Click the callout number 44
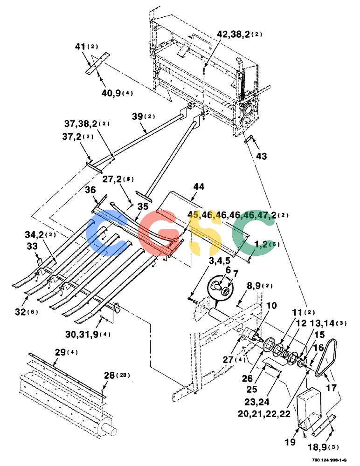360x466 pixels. [x=199, y=187]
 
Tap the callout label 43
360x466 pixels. [x=261, y=156]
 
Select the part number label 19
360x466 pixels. [x=290, y=442]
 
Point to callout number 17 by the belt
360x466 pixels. [x=331, y=388]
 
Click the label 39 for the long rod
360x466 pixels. [x=137, y=116]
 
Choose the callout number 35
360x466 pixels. [x=143, y=206]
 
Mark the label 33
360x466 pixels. [x=32, y=247]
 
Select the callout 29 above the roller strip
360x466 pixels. [x=61, y=352]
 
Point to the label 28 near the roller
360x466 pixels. [x=110, y=375]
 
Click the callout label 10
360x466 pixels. [x=271, y=306]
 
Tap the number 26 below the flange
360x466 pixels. [x=247, y=378]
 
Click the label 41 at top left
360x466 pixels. [x=80, y=47]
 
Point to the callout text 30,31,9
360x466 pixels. [x=82, y=334]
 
